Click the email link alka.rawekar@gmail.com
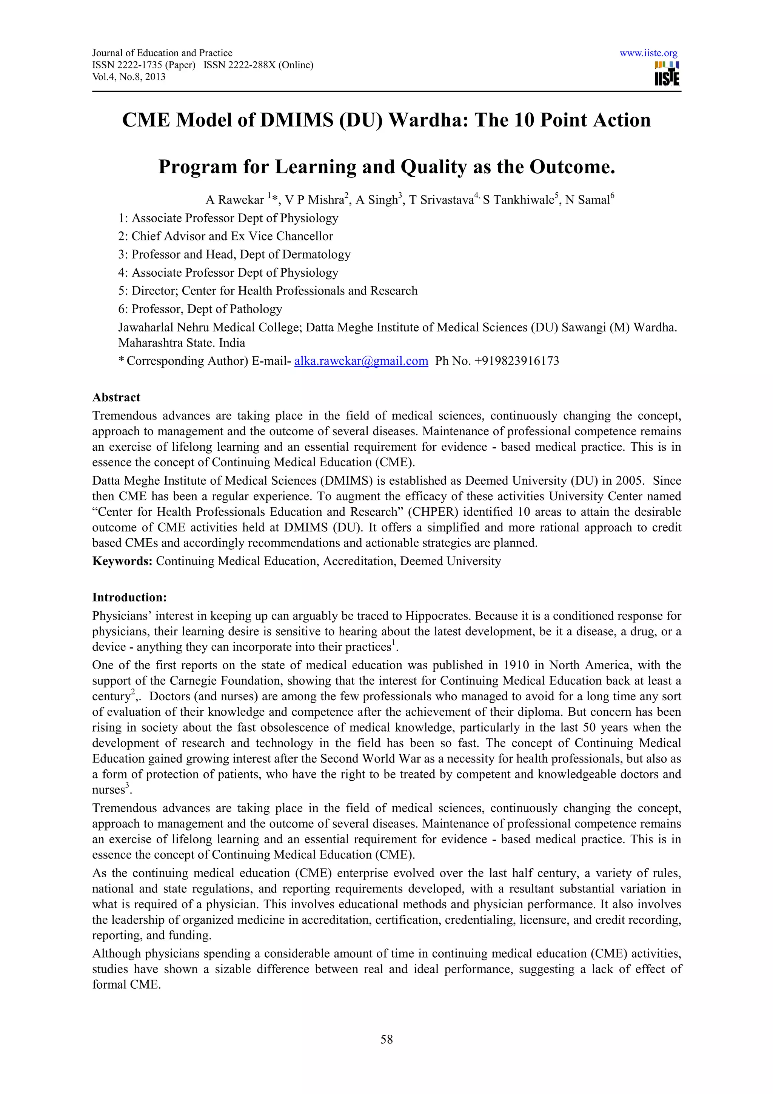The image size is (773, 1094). click(x=361, y=361)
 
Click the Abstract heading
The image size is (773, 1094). click(x=116, y=398)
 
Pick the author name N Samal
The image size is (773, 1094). click(x=587, y=200)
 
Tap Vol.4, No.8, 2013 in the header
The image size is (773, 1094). click(x=129, y=77)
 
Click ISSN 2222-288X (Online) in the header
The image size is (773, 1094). click(x=258, y=65)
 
